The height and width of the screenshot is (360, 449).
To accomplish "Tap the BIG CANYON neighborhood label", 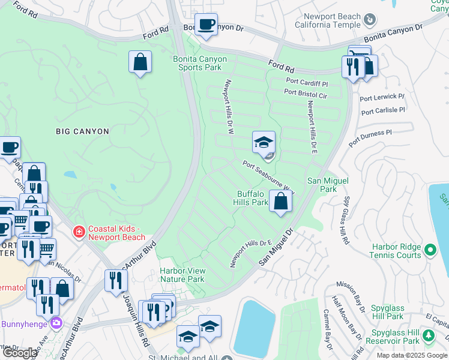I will pyautogui.click(x=82, y=131).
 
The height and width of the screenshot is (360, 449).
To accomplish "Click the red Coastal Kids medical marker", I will pyautogui.click(x=78, y=232).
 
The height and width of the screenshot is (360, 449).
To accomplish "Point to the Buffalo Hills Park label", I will pyautogui.click(x=252, y=198).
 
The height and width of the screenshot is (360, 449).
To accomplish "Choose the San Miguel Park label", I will pyautogui.click(x=328, y=185).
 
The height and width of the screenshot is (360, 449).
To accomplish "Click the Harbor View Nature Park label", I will pyautogui.click(x=182, y=275).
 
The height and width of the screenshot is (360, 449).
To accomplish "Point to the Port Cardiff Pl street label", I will pyautogui.click(x=307, y=82).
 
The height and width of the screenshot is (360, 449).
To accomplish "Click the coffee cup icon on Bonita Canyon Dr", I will pyautogui.click(x=207, y=25).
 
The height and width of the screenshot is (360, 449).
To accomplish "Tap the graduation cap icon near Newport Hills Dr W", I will pyautogui.click(x=264, y=142).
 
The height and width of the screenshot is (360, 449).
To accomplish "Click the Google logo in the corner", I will pyautogui.click(x=20, y=353).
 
